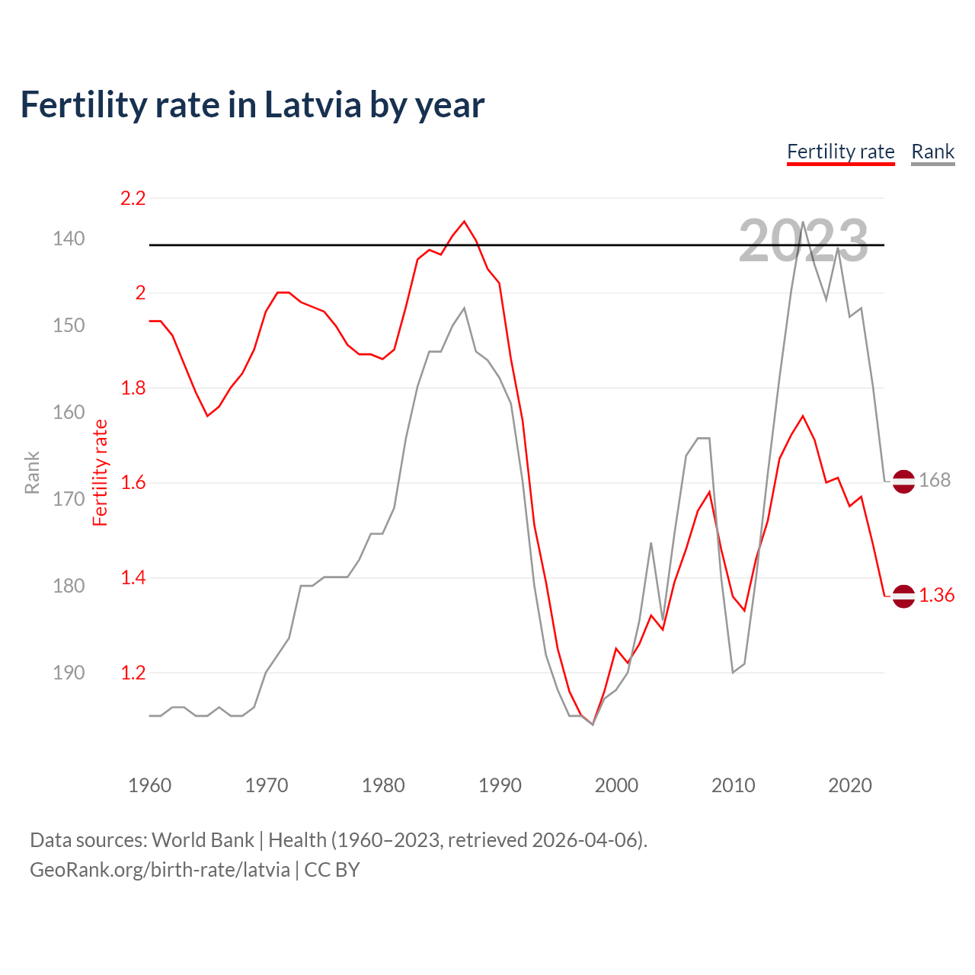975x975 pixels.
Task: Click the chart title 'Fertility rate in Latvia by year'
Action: click(252, 105)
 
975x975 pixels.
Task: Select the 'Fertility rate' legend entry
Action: click(840, 152)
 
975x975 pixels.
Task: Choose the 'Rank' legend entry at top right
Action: click(932, 152)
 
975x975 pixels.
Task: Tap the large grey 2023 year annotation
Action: click(803, 241)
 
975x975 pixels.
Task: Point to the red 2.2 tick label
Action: click(133, 198)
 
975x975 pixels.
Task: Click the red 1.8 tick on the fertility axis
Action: click(133, 388)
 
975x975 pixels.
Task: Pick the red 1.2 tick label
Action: click(133, 673)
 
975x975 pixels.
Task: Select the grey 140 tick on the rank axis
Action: click(69, 238)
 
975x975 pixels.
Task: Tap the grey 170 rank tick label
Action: click(69, 499)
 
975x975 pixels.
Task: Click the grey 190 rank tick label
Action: click(69, 673)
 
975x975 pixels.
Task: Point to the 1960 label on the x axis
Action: click(149, 785)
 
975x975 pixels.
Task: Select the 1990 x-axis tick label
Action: click(500, 785)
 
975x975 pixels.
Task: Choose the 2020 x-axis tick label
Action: click(849, 785)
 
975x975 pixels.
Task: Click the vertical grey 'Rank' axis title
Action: click(32, 472)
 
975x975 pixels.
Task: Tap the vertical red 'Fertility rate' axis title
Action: click(100, 472)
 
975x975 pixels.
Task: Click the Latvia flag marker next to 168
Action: click(903, 481)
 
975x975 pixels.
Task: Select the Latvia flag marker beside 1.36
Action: click(903, 596)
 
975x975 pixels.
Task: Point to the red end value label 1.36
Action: click(936, 595)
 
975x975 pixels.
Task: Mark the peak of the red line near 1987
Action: click(465, 222)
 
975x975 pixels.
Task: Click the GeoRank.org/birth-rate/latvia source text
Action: click(160, 870)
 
